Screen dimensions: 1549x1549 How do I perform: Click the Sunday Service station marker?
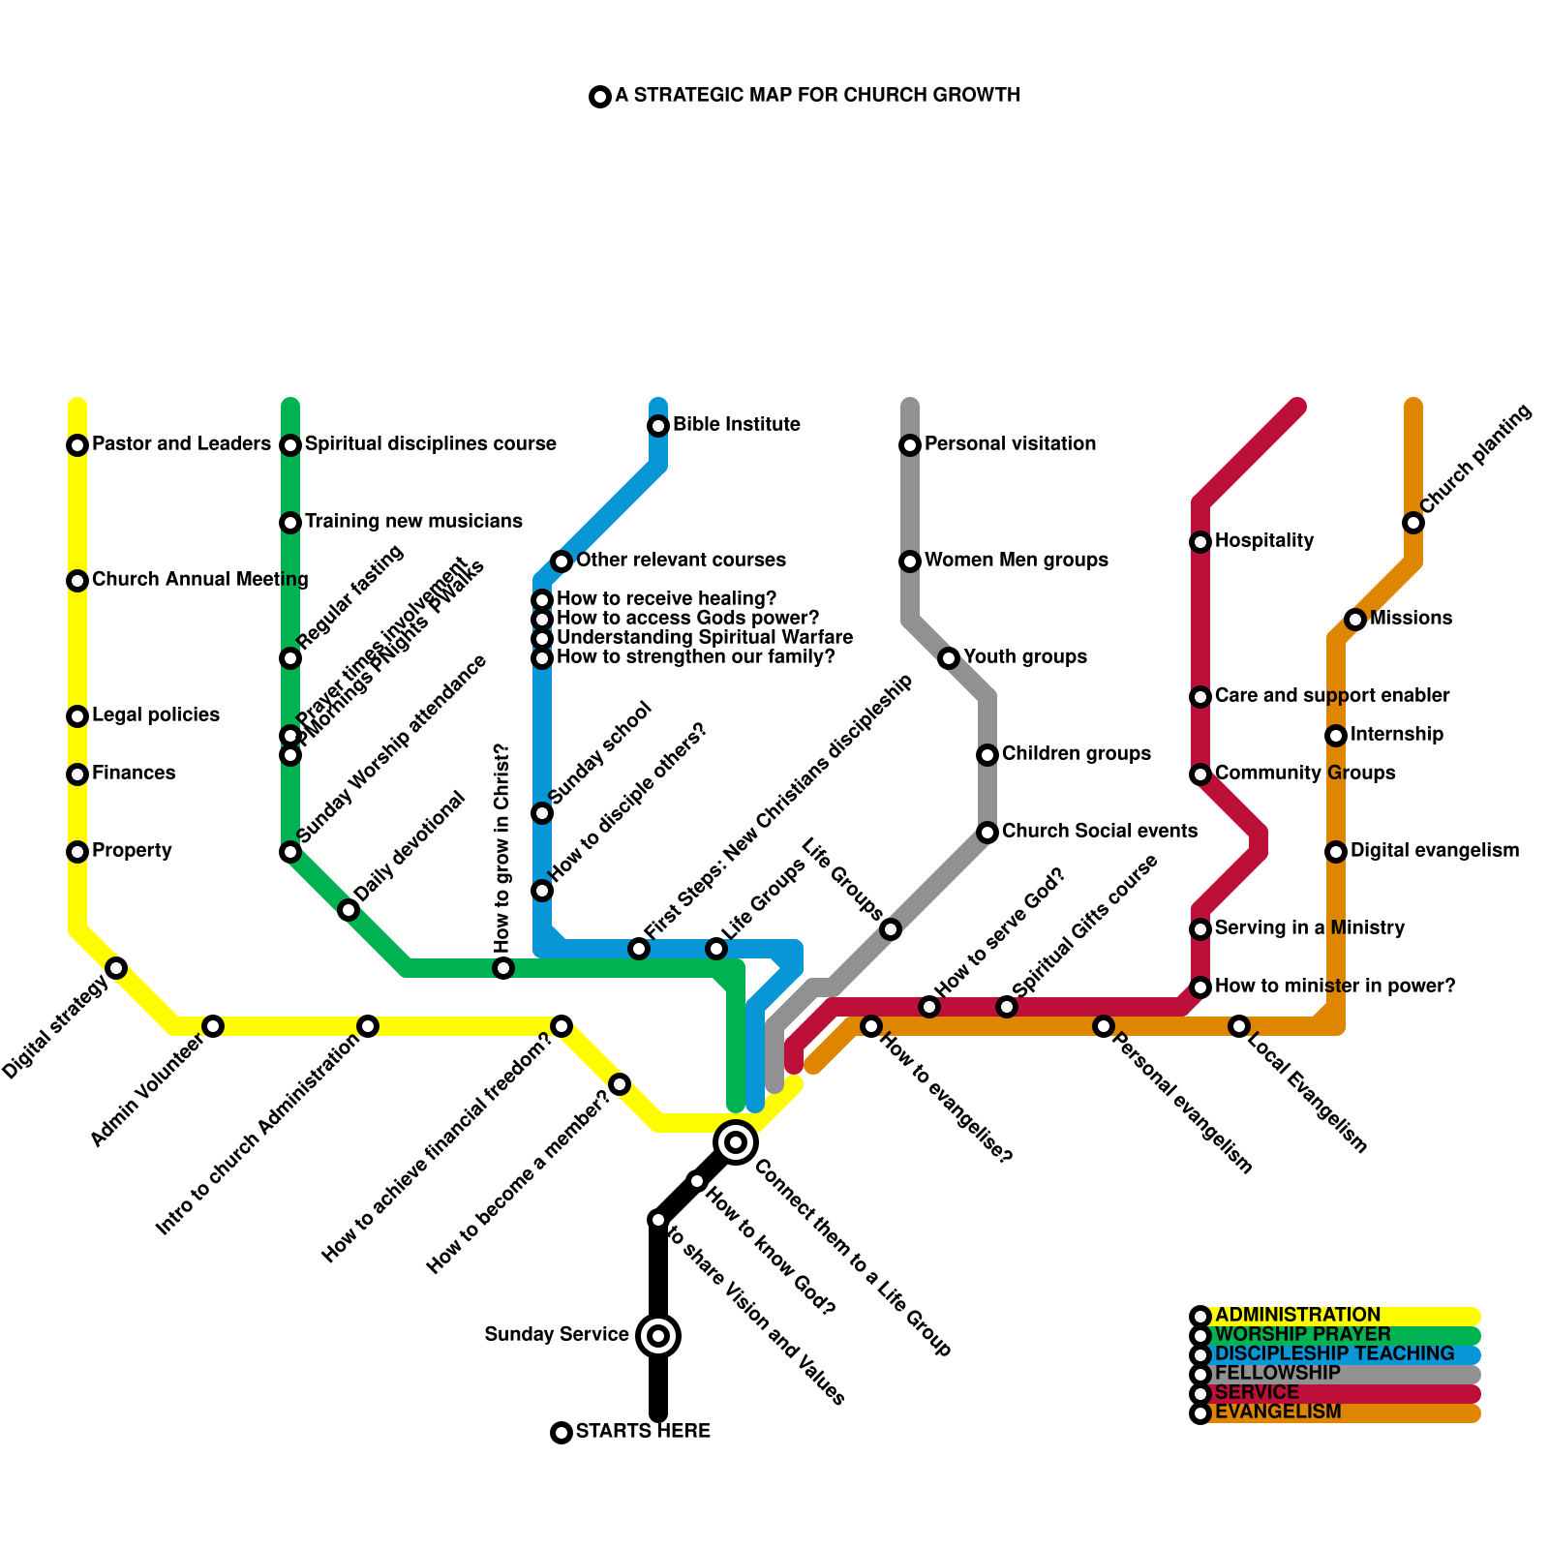coord(658,1336)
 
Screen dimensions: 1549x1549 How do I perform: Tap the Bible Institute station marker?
coord(658,426)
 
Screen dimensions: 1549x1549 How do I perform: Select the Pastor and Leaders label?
coord(181,444)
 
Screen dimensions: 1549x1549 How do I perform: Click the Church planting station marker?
coord(1413,523)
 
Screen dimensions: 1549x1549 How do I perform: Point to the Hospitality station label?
coord(1263,541)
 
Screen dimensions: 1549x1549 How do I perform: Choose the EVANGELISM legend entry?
coord(1278,1412)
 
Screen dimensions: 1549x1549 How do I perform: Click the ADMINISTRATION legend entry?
coord(1297,1316)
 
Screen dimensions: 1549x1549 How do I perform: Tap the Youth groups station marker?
coord(949,658)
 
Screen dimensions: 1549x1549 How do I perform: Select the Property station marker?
coord(77,852)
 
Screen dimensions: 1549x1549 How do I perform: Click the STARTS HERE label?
coord(643,1432)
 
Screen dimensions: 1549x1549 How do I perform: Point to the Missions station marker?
coord(1355,620)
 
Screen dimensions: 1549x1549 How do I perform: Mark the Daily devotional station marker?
coord(349,910)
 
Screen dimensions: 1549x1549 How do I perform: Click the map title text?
coord(817,96)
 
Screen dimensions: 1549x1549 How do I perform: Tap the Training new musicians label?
coord(413,522)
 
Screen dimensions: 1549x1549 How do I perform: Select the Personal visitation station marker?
coord(910,445)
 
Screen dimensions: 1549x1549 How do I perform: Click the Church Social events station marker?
coord(987,833)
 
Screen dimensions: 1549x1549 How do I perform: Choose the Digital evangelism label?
coord(1434,851)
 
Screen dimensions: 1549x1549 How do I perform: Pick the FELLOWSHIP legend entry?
coord(1277,1374)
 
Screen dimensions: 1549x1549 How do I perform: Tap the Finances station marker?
coord(77,774)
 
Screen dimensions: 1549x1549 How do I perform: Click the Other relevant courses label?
coord(681,561)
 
